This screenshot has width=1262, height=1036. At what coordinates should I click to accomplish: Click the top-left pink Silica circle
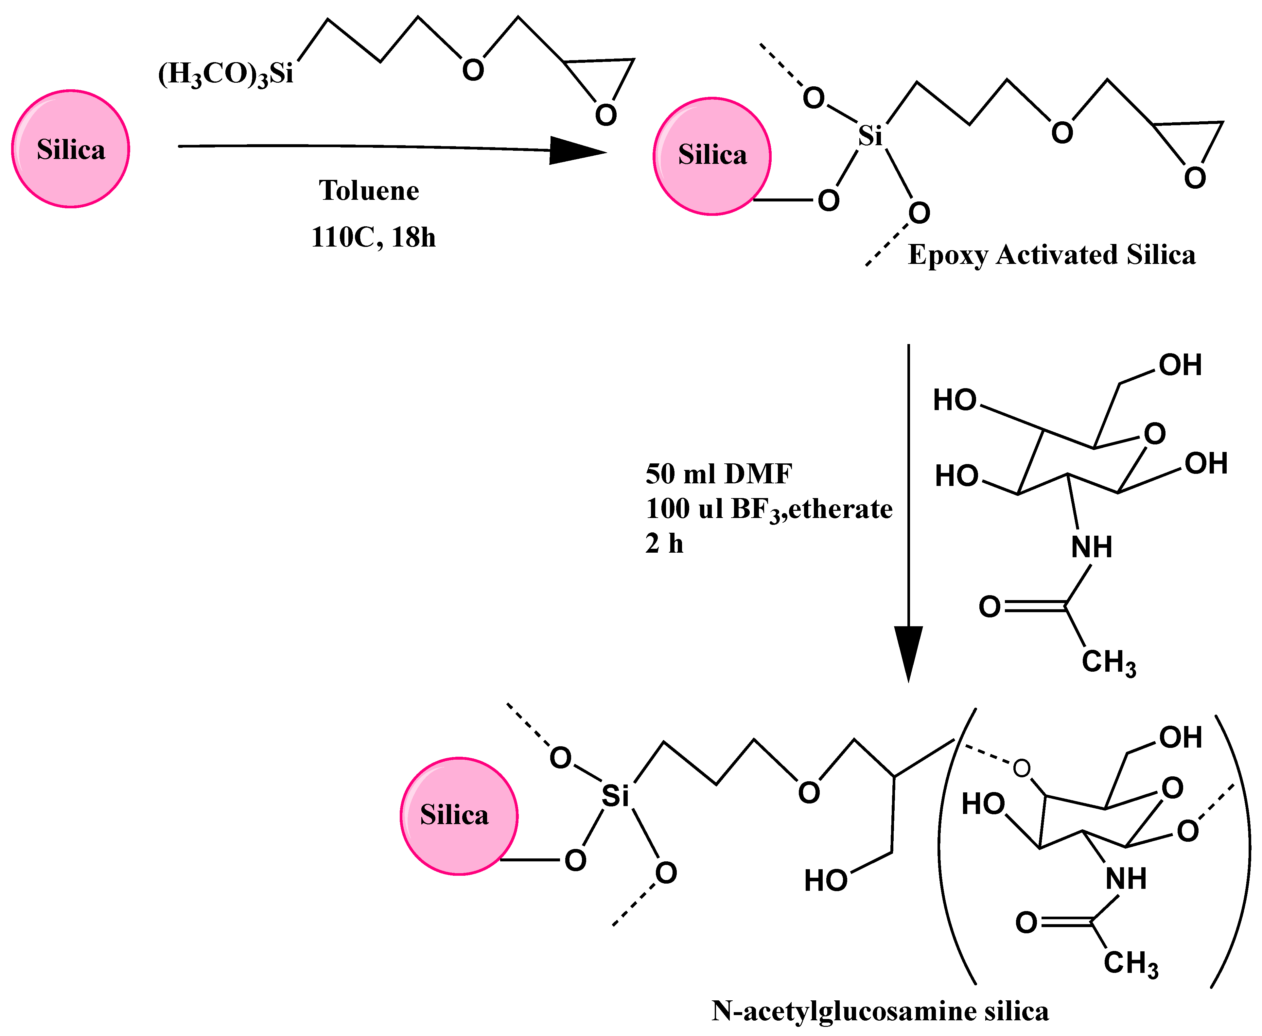coord(70,149)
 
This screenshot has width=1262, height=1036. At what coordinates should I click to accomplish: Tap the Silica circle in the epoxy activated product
coord(711,156)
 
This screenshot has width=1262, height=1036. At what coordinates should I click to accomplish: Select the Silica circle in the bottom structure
coord(459,816)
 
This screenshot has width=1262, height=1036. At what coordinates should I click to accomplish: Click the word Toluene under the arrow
coord(369,191)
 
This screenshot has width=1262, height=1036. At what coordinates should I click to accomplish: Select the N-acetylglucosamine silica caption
coord(880,1011)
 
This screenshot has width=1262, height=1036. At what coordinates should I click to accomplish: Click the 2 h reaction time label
coord(664,544)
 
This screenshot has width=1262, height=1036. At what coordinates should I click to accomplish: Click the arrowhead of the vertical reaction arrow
coord(908,652)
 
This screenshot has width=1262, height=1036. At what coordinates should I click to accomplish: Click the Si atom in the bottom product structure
coord(615,796)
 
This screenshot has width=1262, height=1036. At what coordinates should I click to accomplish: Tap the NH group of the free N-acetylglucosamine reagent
coord(1091,547)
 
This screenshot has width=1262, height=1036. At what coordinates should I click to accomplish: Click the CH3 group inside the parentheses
coord(1130,963)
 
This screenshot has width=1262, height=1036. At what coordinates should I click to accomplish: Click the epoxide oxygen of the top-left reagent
coord(605,114)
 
